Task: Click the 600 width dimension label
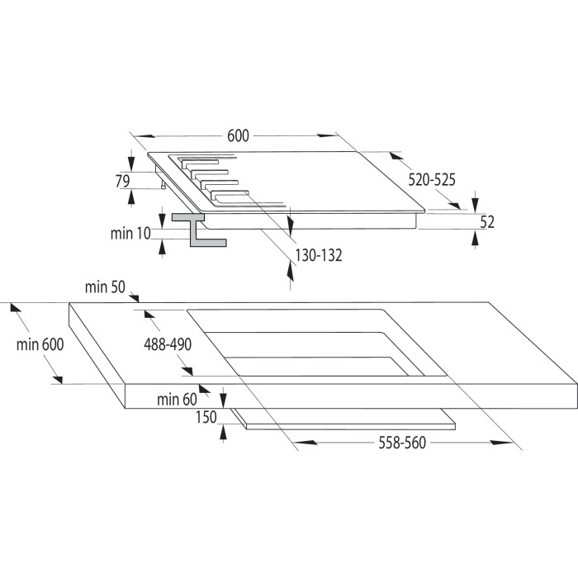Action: tap(238, 135)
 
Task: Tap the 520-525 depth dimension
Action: tap(432, 179)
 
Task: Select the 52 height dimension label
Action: tap(487, 222)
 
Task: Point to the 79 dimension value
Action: tap(122, 181)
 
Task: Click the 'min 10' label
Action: tap(130, 234)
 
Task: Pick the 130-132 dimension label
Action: tap(319, 255)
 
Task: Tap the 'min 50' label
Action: tap(105, 287)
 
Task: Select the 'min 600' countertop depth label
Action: tap(40, 344)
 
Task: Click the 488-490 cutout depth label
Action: tap(168, 344)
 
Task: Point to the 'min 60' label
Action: tap(177, 399)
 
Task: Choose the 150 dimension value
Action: tap(206, 417)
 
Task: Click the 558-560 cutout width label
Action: tap(402, 443)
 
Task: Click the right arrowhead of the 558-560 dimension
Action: tap(501, 443)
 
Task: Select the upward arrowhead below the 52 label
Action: tap(475, 239)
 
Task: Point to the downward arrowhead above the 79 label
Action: tap(131, 162)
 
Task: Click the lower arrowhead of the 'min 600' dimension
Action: tap(58, 379)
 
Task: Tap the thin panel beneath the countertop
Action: tap(343, 419)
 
